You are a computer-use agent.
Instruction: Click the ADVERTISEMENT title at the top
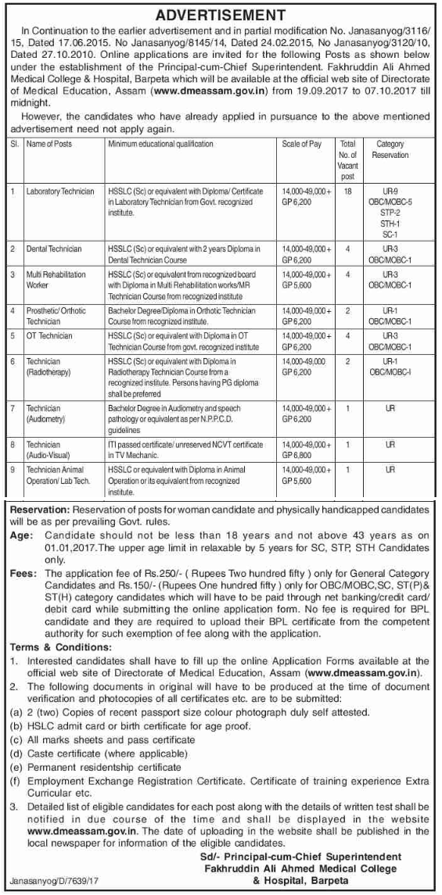point(220,14)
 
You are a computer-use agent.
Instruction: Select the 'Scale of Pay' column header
point(301,145)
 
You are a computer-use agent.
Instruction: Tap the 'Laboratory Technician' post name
point(60,192)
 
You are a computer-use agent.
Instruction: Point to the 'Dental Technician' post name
point(54,249)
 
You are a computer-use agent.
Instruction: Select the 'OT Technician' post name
point(49,336)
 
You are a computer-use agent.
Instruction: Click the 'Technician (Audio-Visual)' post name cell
point(48,449)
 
